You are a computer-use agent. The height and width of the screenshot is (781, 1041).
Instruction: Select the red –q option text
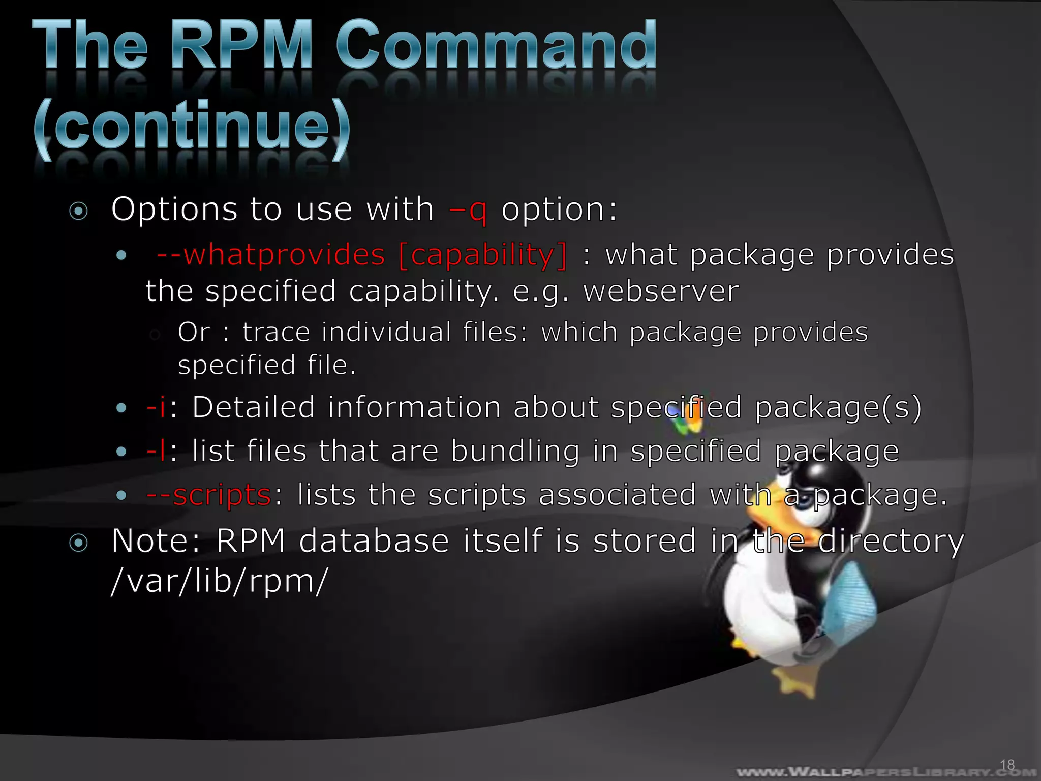coord(468,209)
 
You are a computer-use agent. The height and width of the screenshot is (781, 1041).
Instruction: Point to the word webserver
coord(661,291)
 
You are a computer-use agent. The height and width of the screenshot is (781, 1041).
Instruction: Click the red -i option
coord(156,407)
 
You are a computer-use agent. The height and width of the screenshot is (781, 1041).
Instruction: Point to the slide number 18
coord(1007,764)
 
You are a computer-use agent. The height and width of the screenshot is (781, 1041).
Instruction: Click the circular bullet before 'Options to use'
coord(79,211)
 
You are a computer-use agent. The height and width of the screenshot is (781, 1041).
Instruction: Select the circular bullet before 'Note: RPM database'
coord(79,543)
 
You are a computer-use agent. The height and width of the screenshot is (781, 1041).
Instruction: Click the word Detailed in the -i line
coord(254,407)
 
